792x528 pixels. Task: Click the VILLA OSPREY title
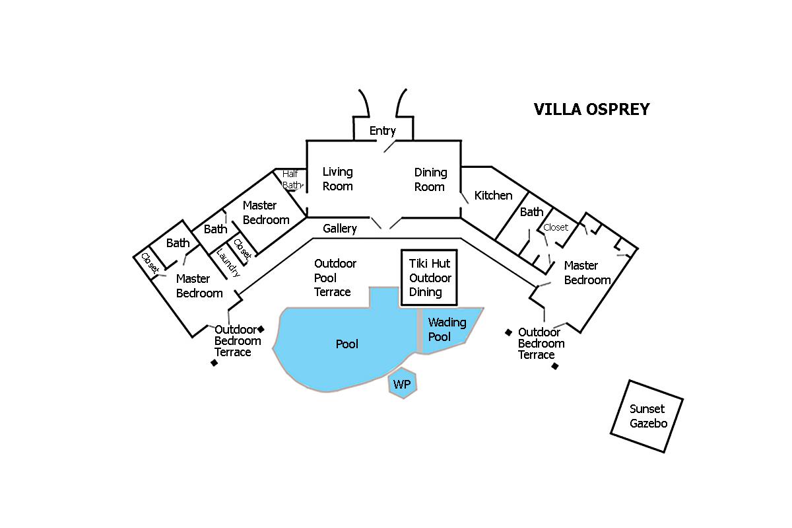(591, 110)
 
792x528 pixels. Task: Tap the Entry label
(382, 131)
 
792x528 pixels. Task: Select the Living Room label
(337, 179)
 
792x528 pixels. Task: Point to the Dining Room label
(430, 180)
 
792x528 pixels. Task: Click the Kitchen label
(493, 196)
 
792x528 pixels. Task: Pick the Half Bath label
(290, 180)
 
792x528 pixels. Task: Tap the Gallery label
(340, 229)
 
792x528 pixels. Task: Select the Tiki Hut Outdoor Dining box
(430, 278)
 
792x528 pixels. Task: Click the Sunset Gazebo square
(646, 416)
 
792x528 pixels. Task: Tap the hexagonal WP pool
(402, 384)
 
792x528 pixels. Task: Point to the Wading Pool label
(447, 330)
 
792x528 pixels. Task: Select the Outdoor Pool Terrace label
(335, 278)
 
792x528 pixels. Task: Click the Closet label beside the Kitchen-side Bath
(555, 227)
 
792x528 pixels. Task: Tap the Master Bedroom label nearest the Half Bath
(266, 213)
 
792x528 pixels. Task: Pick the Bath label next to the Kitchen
(531, 212)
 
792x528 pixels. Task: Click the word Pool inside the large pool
(347, 344)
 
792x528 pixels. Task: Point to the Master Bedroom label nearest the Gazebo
(587, 273)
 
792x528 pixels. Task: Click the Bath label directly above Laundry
(215, 229)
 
